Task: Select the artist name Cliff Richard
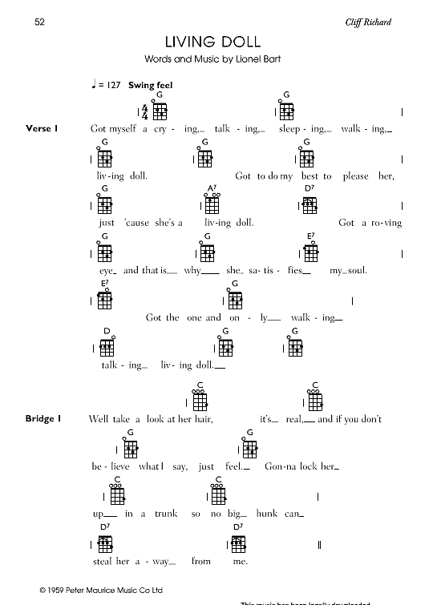(369, 22)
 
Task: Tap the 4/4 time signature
(145, 111)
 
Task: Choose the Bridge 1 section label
(46, 419)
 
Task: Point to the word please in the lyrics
(354, 175)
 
